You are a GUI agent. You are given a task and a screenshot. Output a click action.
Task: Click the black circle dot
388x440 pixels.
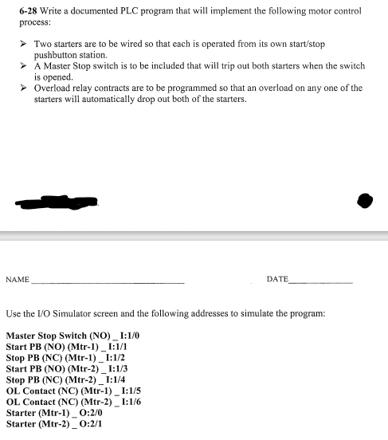[365, 200]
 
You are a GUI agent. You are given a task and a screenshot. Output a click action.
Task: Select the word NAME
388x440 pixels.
[18, 280]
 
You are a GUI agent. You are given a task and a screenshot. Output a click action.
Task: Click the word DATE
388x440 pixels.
[277, 279]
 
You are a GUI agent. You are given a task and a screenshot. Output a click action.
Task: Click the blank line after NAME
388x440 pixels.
[107, 282]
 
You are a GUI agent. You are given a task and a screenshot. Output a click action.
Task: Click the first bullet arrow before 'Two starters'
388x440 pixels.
[24, 42]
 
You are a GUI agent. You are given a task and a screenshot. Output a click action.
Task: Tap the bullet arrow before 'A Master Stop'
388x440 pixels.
[24, 65]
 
